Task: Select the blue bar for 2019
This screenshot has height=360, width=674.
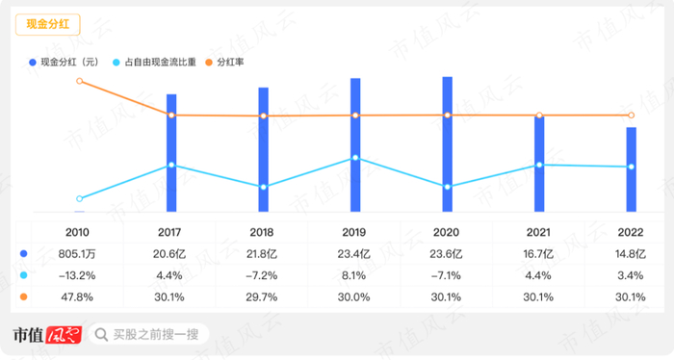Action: coord(355,144)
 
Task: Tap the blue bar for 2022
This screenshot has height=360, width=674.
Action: coord(631,169)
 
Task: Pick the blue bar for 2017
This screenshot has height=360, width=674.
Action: coord(171,152)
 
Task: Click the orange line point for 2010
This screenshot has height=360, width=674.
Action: coord(79,81)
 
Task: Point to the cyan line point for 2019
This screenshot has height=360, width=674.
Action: coord(355,158)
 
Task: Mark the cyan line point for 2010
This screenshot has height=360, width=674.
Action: coord(79,198)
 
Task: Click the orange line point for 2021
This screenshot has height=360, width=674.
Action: coord(539,116)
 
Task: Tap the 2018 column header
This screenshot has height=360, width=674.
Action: coord(262,233)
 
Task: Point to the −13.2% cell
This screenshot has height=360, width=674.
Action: coord(79,275)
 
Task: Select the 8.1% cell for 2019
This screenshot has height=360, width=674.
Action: coord(355,275)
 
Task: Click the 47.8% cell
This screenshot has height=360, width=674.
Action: coord(79,296)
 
